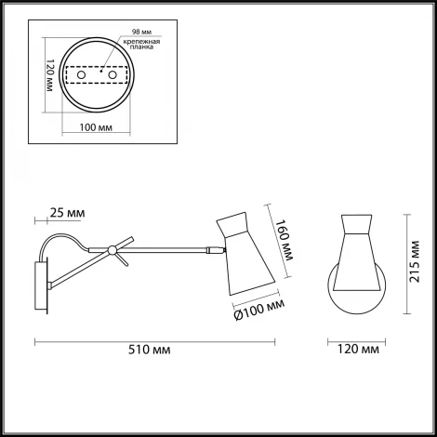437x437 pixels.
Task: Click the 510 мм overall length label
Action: point(149,350)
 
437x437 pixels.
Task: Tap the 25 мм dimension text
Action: point(67,213)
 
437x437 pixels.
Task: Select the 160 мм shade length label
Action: point(284,240)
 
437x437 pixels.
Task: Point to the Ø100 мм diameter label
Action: point(259,310)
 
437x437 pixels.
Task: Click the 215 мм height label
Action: point(414,262)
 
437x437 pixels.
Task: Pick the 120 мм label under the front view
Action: point(358,350)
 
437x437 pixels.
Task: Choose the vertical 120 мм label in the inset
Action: point(50,75)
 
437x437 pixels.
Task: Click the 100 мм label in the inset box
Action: point(96,127)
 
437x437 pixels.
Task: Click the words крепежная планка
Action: point(141,45)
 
